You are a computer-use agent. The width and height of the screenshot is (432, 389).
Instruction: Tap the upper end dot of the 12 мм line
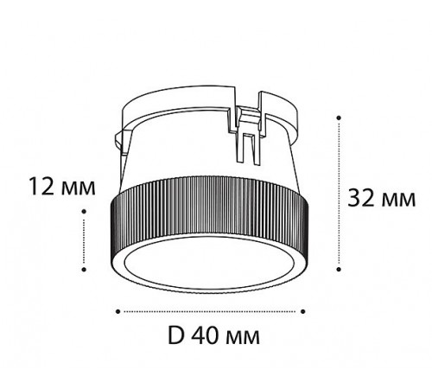(84, 218)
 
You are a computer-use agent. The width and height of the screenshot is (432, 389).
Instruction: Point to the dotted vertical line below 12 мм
(84, 246)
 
